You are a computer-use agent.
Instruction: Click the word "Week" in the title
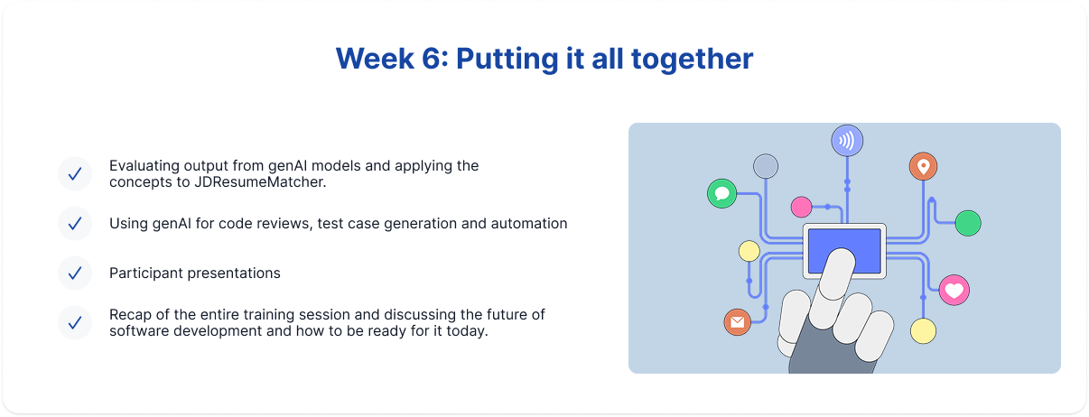coord(375,59)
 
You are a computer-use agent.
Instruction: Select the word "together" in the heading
coord(693,60)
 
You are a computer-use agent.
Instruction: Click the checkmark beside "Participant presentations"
coord(75,273)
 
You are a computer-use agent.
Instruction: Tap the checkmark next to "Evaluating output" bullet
coord(75,173)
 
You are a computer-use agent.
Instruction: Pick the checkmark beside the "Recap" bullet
coord(75,323)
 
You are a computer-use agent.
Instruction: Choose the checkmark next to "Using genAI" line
coord(75,224)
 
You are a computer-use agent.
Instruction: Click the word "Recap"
coord(130,315)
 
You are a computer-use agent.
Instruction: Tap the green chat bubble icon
coord(722,193)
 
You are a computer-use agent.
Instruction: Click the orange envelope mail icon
coord(738,322)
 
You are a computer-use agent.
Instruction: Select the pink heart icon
coord(954,290)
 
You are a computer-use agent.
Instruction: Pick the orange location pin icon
coord(923,167)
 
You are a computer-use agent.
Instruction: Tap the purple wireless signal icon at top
coord(847,141)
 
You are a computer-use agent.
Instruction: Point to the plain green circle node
coord(968,223)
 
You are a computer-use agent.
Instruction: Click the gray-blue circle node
coord(766,167)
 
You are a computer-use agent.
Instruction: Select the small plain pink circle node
coord(801,207)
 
